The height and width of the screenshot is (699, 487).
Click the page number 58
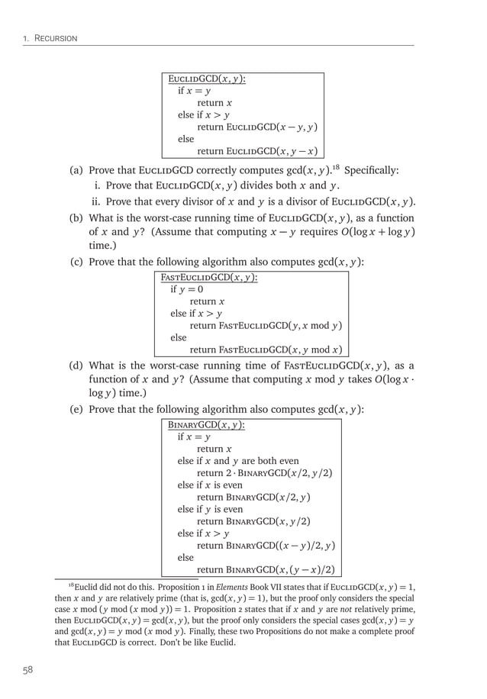[27, 671]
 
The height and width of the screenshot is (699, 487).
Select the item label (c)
[77, 263]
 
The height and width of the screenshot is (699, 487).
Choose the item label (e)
[77, 410]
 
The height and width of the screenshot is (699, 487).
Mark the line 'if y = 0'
[187, 290]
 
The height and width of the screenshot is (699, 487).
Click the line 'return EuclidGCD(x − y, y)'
[257, 127]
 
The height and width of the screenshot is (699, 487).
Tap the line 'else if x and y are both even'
[238, 461]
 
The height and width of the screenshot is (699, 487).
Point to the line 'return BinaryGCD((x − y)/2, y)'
[266, 546]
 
